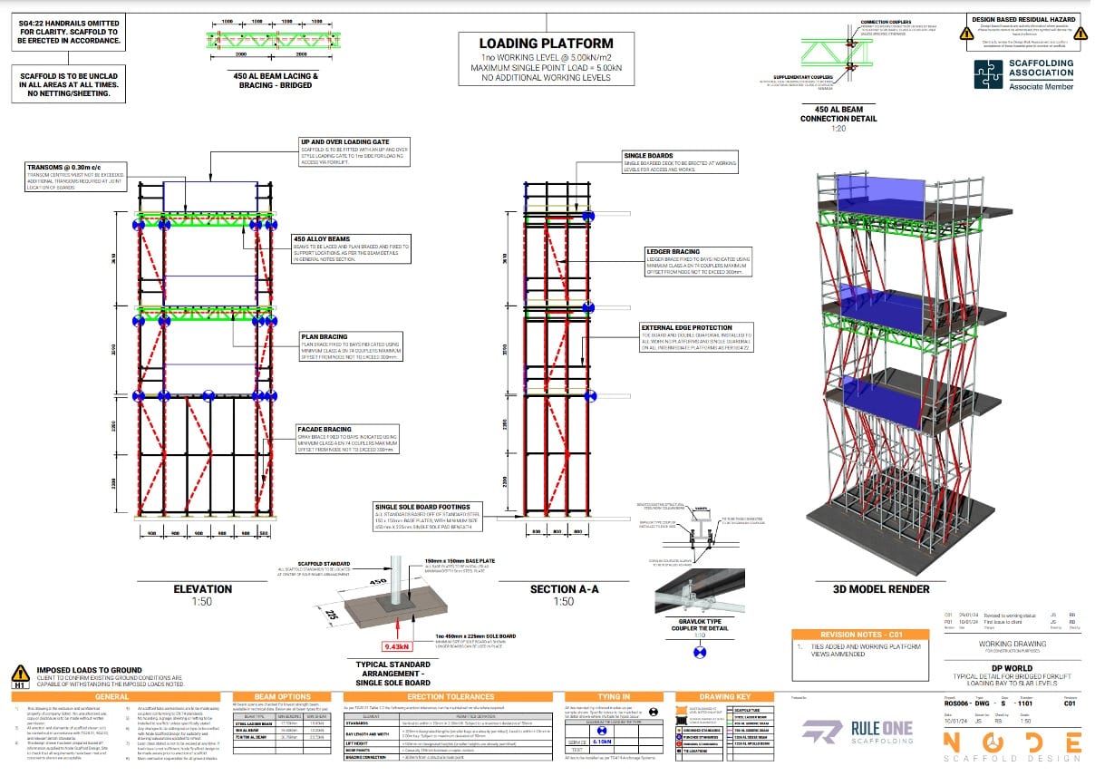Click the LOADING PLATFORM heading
546,43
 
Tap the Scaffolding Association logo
1023,75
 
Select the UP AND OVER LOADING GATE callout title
345,142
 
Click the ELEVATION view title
202,588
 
